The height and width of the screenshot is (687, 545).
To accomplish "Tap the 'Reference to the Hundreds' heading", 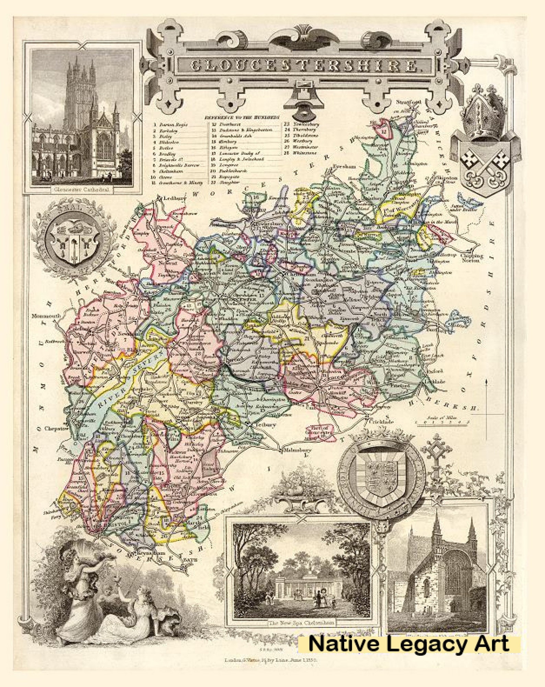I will pyautogui.click(x=242, y=117).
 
